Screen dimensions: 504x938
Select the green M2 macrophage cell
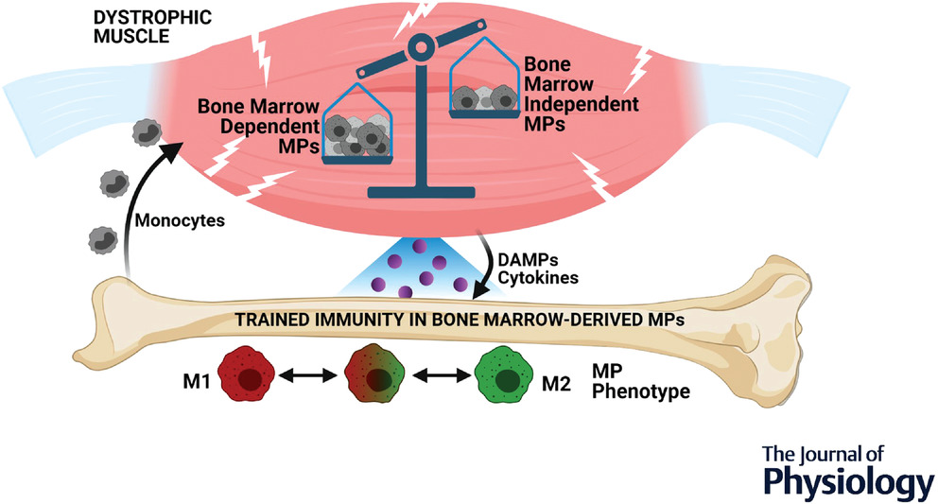point(508,378)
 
